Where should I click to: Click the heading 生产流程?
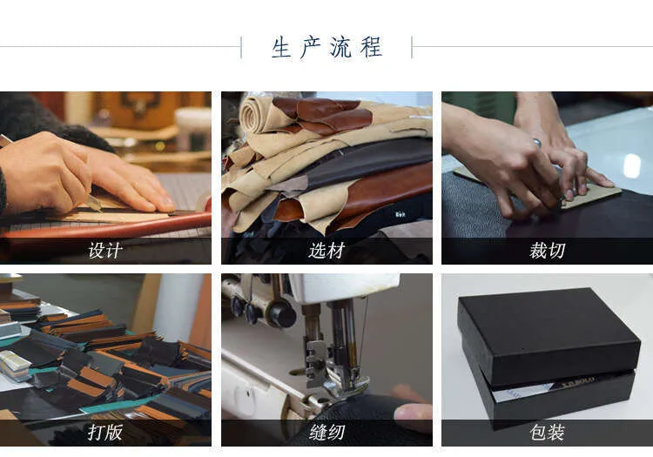[x=326, y=48]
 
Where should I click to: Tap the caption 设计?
[x=105, y=251]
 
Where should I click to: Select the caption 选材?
[x=326, y=251]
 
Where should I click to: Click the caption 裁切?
[x=548, y=251]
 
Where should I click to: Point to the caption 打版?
[x=105, y=433]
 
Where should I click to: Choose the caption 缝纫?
[x=326, y=433]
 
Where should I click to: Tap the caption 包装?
[x=548, y=433]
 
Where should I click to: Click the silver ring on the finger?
[x=537, y=143]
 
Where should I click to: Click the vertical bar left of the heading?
[x=241, y=48]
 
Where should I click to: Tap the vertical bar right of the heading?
[x=412, y=48]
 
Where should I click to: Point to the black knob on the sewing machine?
[x=282, y=313]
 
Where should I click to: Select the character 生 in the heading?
[x=281, y=48]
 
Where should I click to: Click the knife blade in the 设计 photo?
[x=94, y=203]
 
